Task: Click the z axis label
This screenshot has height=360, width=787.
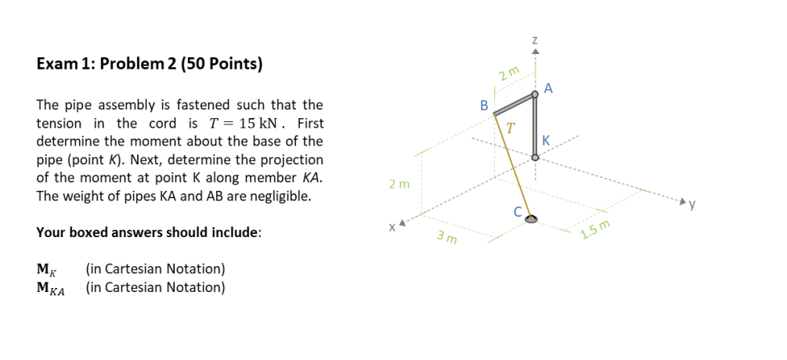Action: [x=534, y=38]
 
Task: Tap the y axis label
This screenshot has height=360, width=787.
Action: [x=693, y=206]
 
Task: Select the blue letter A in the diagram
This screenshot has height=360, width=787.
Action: [x=548, y=89]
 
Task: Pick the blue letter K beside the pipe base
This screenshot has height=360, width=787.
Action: [x=547, y=141]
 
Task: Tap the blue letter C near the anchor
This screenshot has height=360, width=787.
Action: [x=517, y=211]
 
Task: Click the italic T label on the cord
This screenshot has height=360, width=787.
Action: [x=511, y=127]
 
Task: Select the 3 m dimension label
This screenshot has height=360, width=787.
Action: [x=447, y=237]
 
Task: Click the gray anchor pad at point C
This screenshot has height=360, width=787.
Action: [x=532, y=219]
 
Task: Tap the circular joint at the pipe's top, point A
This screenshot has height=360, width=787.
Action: [x=535, y=95]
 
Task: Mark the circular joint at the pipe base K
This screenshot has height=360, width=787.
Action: [x=535, y=157]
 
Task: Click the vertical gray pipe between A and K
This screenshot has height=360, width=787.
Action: [x=535, y=125]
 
